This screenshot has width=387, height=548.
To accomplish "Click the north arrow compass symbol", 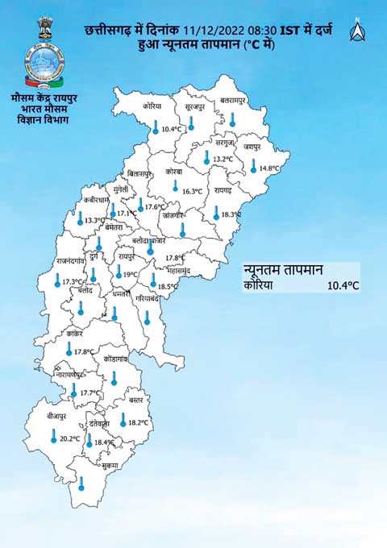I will click(x=356, y=31).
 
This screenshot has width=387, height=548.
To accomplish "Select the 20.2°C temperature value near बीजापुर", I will click(x=70, y=439).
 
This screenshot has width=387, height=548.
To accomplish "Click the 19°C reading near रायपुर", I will click(x=127, y=275).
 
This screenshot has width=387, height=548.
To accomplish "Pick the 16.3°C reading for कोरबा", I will click(x=193, y=191).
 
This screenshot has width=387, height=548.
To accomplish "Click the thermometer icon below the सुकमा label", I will click(x=81, y=484).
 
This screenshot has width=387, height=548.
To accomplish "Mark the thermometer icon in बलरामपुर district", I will click(x=232, y=119).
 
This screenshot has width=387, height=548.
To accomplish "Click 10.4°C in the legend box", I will click(x=343, y=285).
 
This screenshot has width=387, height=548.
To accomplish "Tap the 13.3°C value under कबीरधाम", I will click(x=95, y=220).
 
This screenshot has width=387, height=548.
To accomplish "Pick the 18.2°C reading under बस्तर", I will click(x=138, y=422).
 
